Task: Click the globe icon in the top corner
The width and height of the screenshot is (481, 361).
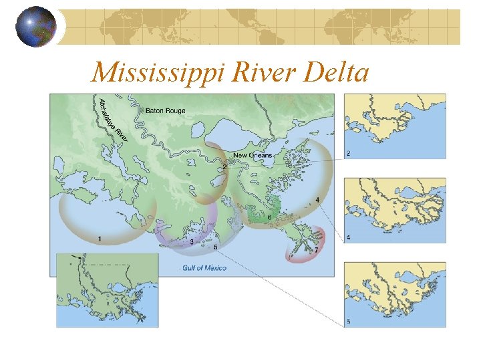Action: [36, 27]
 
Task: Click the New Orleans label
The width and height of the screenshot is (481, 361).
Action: [253, 156]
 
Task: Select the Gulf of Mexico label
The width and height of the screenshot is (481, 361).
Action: [203, 268]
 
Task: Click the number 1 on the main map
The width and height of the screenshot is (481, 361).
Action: [100, 239]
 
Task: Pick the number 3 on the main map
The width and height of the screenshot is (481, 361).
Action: [192, 241]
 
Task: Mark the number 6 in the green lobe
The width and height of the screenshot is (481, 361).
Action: [269, 217]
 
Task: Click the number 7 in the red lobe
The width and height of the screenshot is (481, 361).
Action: [316, 251]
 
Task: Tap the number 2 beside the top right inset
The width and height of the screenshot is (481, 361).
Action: [348, 154]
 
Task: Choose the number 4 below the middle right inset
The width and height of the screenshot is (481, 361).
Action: [348, 238]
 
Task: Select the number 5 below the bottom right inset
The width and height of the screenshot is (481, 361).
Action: [348, 323]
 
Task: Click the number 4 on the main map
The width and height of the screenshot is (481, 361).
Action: [317, 200]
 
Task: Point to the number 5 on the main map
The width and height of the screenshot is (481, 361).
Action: [215, 247]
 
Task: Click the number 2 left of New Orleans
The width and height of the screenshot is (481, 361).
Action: [224, 166]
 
